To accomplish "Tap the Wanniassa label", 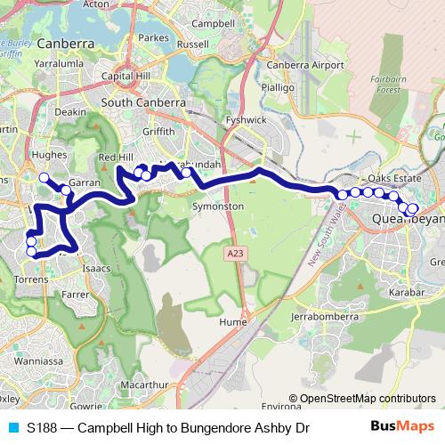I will tap(36, 361).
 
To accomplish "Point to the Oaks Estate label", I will tap(392, 178).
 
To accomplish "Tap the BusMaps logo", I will tap(401, 427).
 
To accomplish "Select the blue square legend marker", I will tap(12, 428).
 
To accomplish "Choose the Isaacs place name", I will tap(97, 265).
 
